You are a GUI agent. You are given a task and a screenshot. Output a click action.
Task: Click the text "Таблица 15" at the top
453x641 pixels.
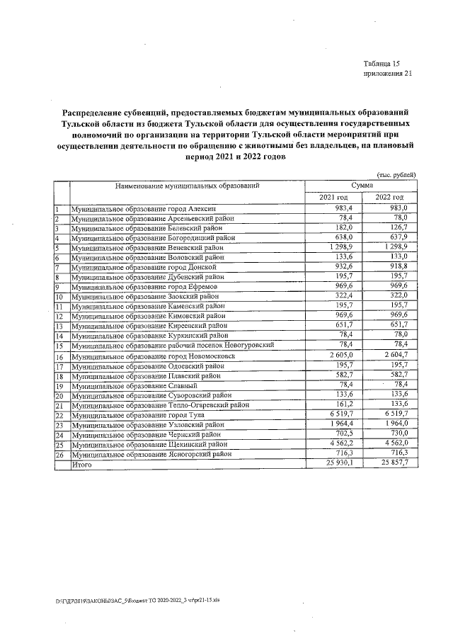point(382,63)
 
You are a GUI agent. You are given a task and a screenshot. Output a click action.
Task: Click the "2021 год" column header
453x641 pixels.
point(333,196)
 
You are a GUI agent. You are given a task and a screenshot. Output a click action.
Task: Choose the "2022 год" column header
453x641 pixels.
point(389,196)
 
